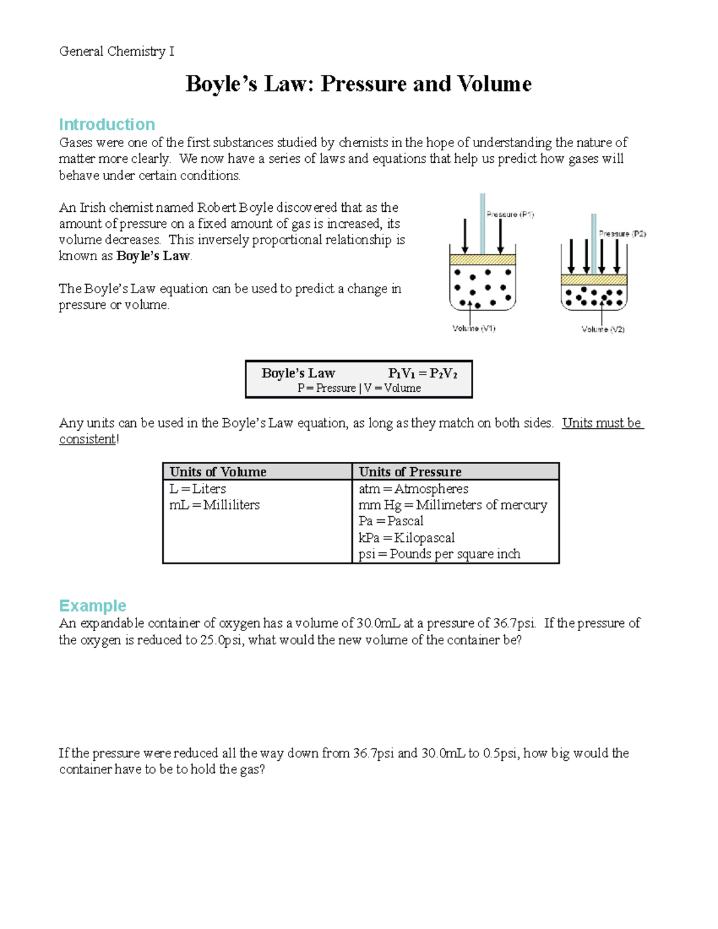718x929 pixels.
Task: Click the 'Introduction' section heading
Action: click(x=107, y=124)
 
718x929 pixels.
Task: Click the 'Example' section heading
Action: click(x=92, y=605)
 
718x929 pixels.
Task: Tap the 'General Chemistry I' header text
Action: click(x=117, y=51)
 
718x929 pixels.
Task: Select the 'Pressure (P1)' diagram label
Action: click(x=510, y=214)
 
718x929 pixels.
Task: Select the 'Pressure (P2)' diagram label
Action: click(x=622, y=234)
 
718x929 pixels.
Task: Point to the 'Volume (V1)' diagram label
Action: click(x=473, y=328)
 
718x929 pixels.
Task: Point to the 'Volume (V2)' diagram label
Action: click(x=603, y=329)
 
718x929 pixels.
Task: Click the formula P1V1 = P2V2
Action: click(x=422, y=373)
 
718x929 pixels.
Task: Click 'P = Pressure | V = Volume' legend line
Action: click(x=359, y=388)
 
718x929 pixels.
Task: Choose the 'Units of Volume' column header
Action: click(x=218, y=471)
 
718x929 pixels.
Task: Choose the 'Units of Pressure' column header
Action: click(x=410, y=471)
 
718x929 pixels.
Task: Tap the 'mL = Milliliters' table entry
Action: click(x=214, y=505)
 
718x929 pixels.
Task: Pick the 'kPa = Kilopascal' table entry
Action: click(x=406, y=538)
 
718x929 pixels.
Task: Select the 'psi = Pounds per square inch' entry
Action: click(x=439, y=554)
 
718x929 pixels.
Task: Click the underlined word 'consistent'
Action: click(x=87, y=439)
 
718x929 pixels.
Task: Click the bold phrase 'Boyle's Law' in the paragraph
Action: click(x=153, y=256)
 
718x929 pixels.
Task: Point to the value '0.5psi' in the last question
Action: click(x=500, y=753)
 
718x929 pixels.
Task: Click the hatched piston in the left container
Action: click(x=482, y=260)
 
